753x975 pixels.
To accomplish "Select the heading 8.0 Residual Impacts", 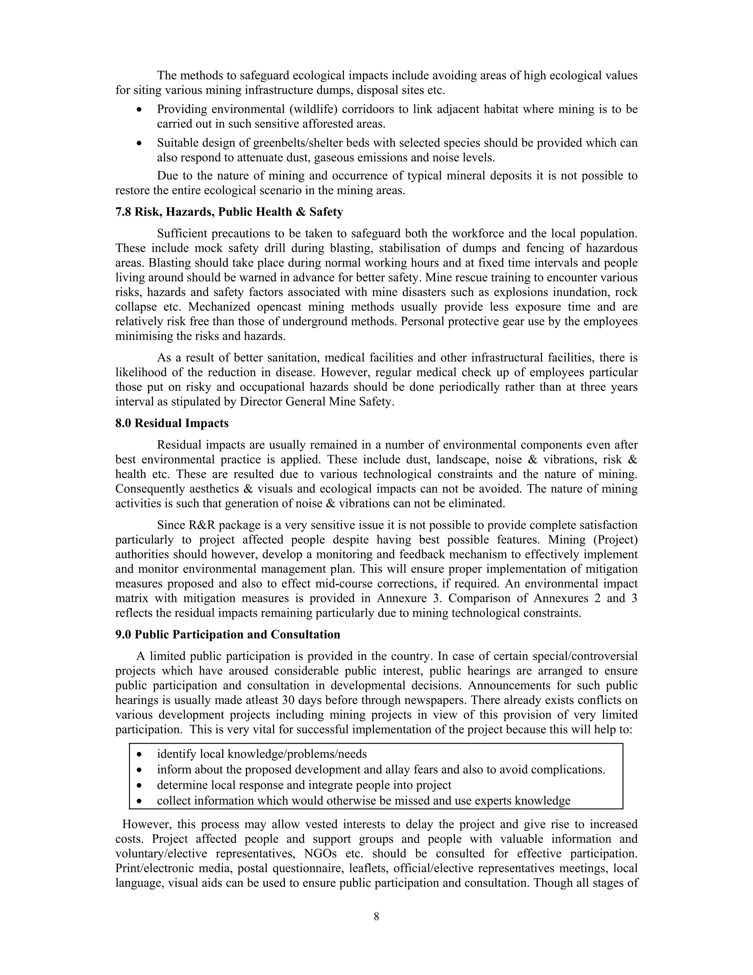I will tap(172, 423).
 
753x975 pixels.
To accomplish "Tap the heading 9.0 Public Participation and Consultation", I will tap(228, 634).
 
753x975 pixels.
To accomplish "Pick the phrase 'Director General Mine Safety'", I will tap(316, 402).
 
